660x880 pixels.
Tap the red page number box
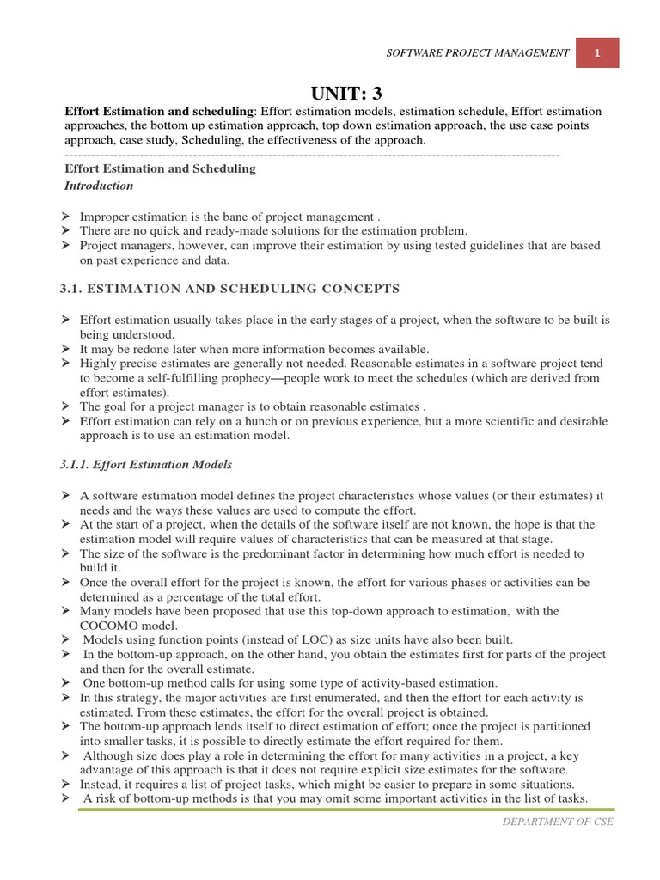[596, 52]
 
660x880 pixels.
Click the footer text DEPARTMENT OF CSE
[558, 822]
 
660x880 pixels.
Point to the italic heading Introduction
[100, 186]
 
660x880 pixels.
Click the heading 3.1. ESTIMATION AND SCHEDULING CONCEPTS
[229, 288]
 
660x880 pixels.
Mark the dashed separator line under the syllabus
[313, 154]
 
